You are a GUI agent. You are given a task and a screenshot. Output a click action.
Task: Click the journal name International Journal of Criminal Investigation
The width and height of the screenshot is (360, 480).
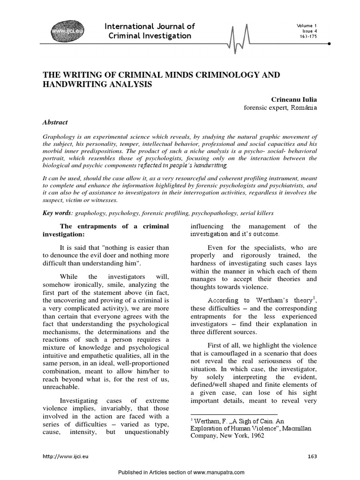coord(150,31)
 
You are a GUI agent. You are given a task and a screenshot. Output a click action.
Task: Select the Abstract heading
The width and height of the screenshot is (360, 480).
coord(55,122)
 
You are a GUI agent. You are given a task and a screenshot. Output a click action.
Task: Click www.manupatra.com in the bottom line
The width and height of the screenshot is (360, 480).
coord(218,473)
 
